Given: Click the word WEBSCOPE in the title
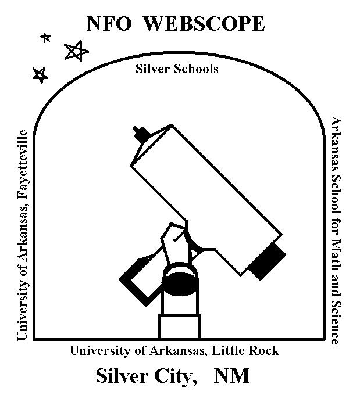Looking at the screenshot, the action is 205,23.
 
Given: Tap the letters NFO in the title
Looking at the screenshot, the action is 109,23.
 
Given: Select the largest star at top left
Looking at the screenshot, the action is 76,51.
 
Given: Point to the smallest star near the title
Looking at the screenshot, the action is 46,38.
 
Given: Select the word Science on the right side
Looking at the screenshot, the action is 336,322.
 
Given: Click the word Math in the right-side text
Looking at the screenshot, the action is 336,255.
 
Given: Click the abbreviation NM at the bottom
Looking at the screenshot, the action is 231,376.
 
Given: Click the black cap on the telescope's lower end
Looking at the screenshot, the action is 268,261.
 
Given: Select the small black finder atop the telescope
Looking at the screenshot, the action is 142,134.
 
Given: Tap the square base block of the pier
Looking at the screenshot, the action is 180,326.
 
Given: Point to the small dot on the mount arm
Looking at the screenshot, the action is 175,240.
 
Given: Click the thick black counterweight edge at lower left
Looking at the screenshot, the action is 132,292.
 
